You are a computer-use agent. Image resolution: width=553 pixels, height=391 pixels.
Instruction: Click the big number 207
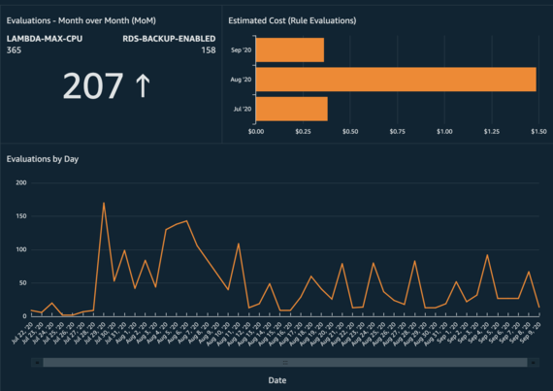[x=93, y=86]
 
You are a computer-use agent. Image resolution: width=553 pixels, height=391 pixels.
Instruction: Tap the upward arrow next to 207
[x=143, y=86]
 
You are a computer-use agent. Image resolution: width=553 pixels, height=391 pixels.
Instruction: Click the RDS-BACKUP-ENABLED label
[x=169, y=38]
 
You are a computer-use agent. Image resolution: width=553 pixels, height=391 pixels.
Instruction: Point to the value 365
[x=14, y=49]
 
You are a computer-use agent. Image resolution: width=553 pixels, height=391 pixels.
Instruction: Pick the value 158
[x=208, y=49]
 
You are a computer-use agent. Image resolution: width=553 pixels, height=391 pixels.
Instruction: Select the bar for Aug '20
[x=396, y=80]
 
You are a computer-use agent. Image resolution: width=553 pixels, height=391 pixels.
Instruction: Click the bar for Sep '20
[x=290, y=49]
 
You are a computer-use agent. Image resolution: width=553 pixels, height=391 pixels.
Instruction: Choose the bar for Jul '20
[x=291, y=109]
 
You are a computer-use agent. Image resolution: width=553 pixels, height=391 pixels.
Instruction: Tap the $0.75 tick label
[x=398, y=131]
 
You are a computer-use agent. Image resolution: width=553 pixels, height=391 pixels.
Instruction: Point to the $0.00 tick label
[x=257, y=131]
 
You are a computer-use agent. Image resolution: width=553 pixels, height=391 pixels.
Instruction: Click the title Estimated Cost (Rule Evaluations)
[x=291, y=19]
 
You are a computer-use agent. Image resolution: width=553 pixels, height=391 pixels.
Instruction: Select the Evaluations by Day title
[x=43, y=158]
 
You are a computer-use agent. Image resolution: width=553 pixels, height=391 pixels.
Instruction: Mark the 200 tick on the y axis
[x=19, y=182]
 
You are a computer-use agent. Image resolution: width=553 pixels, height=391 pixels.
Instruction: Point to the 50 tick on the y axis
[x=21, y=282]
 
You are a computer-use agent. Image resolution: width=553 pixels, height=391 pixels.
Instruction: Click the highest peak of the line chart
[x=104, y=203]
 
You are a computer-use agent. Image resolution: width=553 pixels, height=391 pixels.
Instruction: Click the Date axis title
[x=276, y=380]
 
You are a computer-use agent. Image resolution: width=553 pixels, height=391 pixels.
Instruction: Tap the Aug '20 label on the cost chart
[x=240, y=80]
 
